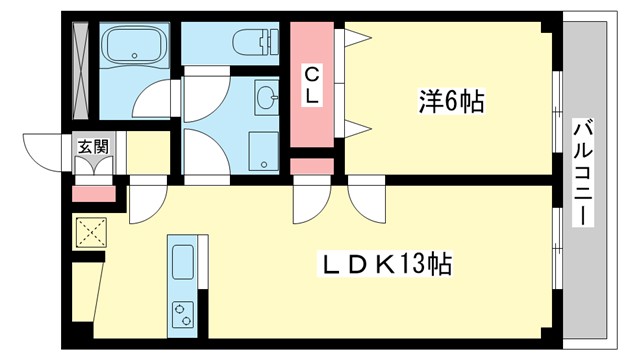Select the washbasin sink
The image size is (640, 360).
pyautogui.click(x=267, y=98)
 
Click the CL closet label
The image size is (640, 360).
pyautogui.click(x=313, y=84)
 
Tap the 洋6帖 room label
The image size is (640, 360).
pyautogui.click(x=450, y=101)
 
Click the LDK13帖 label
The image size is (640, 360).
pyautogui.click(x=384, y=265)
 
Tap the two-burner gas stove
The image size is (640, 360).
pyautogui.click(x=185, y=312)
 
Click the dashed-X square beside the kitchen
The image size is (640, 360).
pyautogui.click(x=90, y=233)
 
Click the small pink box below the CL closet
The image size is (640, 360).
pyautogui.click(x=311, y=164)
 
